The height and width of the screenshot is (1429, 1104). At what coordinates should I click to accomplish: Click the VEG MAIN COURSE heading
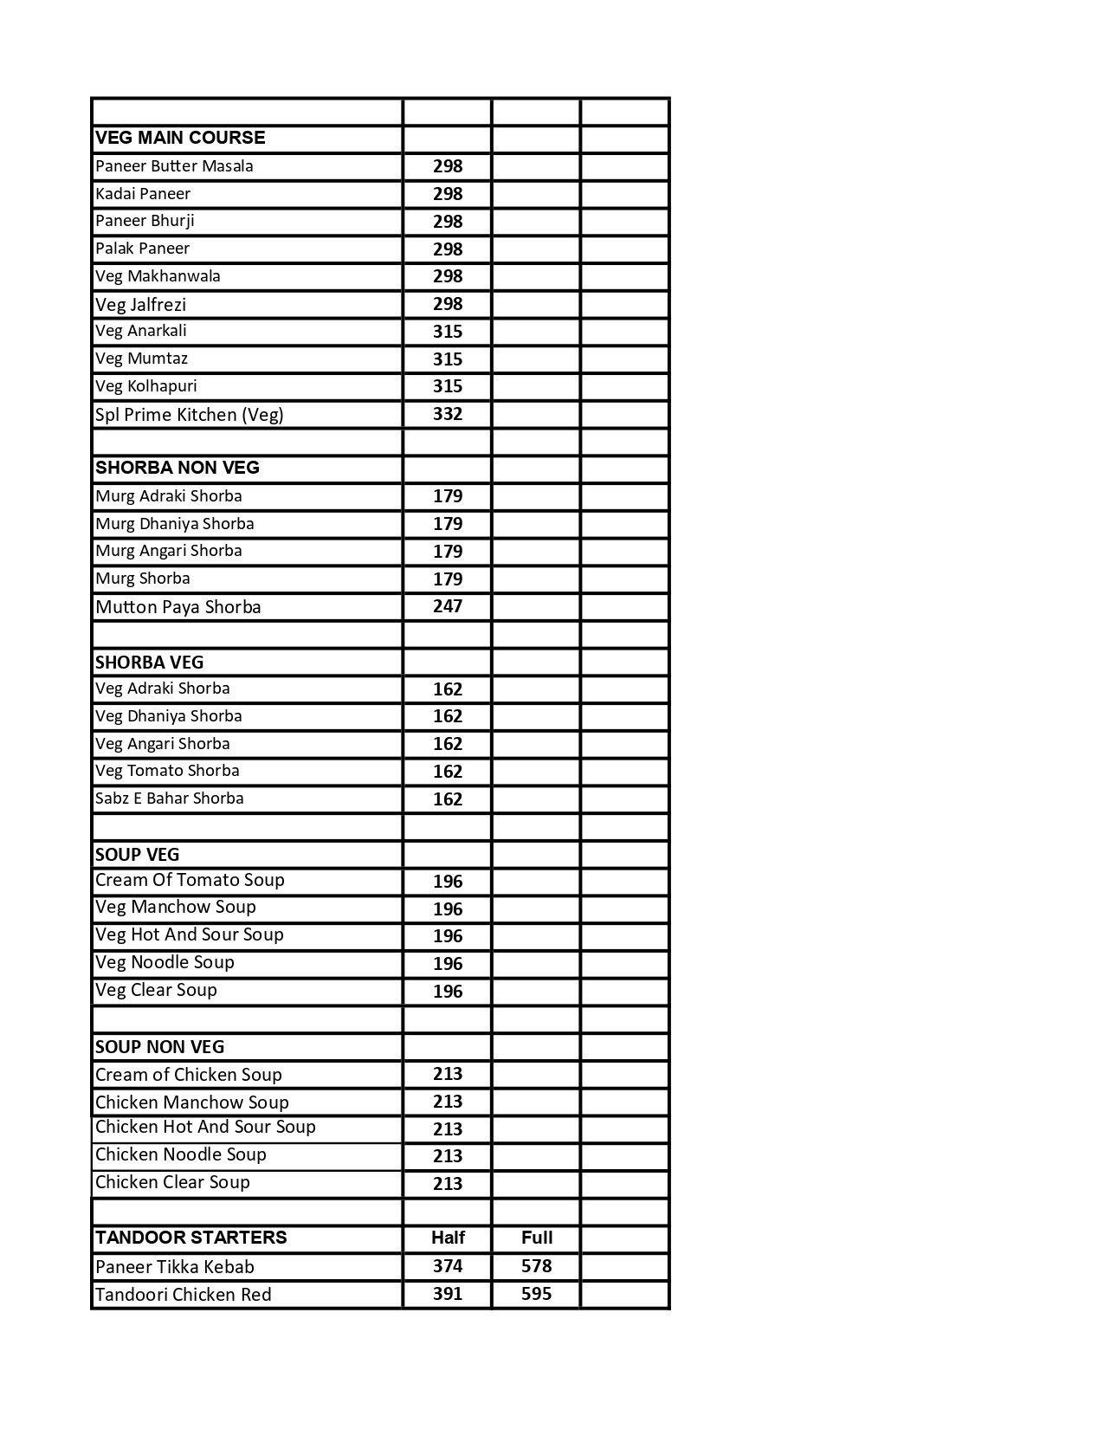180,138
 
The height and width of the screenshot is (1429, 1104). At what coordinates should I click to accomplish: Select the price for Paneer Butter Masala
448,166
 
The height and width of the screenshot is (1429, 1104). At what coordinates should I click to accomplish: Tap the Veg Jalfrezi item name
140,304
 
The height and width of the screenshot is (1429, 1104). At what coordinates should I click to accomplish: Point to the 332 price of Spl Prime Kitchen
448,414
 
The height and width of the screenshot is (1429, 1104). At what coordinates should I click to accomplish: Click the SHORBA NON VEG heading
178,468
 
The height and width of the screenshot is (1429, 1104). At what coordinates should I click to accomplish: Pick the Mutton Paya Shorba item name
178,606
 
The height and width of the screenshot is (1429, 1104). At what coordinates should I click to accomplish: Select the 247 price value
448,606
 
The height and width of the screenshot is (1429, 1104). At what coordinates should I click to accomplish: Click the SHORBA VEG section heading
149,663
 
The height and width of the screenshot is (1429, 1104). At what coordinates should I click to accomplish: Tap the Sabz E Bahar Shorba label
170,799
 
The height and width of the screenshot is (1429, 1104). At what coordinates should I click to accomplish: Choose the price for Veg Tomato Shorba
448,772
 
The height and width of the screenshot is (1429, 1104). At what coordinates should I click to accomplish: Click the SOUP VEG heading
137,855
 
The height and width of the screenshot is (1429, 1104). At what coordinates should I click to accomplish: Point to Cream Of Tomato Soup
190,880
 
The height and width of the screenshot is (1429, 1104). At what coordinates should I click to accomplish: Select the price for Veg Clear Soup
448,992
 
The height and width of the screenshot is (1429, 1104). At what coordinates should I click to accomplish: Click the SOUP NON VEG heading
159,1047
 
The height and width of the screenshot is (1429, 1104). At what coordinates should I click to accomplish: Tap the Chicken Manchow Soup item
191,1102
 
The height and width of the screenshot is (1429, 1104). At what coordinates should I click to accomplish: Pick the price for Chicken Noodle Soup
448,1156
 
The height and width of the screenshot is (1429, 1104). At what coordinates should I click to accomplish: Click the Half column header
448,1238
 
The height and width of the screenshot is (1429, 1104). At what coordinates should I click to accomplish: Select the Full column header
537,1238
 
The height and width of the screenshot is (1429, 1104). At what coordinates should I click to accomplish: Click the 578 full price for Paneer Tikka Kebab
537,1266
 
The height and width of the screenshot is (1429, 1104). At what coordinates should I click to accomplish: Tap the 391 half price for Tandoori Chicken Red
448,1294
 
